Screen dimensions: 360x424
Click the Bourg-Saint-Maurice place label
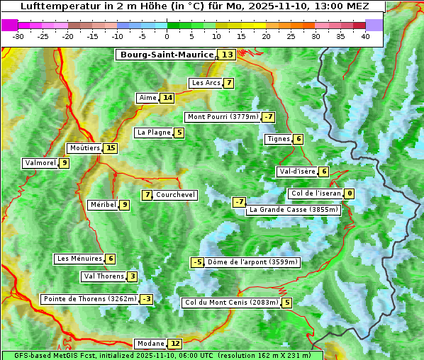(167, 55)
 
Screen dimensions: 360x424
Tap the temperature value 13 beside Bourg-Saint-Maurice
(227, 55)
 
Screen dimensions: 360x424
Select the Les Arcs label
(206, 83)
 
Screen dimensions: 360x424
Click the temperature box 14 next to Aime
(167, 98)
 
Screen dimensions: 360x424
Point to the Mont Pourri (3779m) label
(222, 117)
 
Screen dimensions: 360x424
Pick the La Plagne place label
(150, 133)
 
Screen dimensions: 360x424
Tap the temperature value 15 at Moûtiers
(110, 148)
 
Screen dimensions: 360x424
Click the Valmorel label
(40, 163)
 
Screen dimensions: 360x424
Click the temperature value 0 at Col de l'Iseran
(349, 193)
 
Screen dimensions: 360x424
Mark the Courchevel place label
(175, 195)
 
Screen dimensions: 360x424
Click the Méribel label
(103, 205)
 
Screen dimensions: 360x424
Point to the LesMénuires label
(79, 259)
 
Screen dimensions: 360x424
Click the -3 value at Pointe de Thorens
(146, 299)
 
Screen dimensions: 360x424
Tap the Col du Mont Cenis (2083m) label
(231, 303)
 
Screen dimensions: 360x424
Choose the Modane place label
(150, 344)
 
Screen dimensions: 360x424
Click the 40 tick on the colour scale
(365, 36)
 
